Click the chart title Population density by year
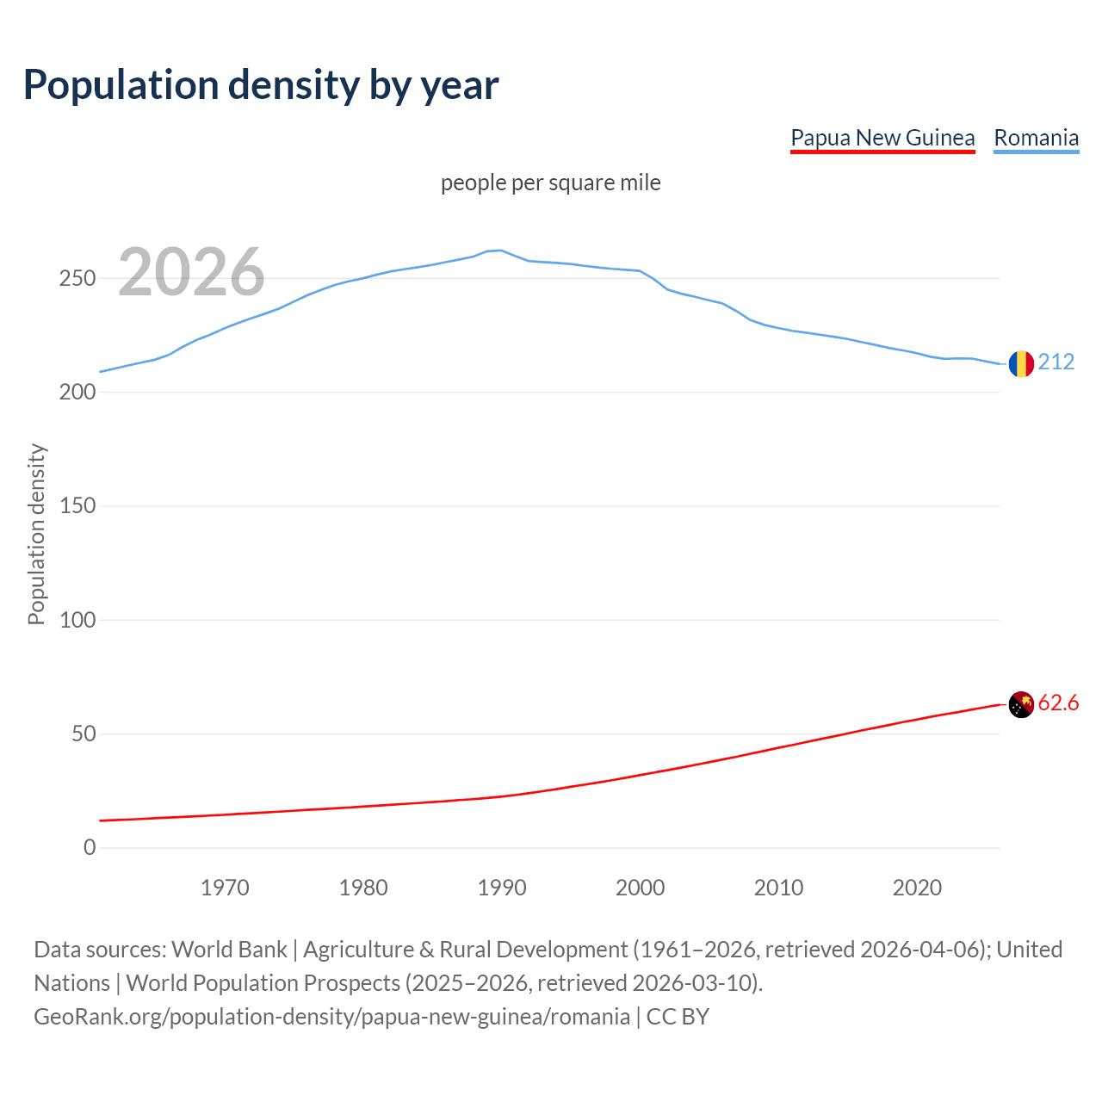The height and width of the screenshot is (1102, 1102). [x=261, y=84]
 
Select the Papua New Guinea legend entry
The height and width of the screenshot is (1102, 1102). [x=882, y=138]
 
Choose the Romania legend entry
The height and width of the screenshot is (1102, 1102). [x=1036, y=138]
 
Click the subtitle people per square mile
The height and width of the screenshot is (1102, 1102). [x=551, y=183]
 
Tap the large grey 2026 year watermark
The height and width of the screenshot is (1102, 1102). [x=191, y=272]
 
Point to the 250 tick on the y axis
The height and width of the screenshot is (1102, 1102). [x=77, y=278]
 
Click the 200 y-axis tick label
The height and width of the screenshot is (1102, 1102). [x=77, y=392]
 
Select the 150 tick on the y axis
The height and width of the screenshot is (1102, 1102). [x=77, y=506]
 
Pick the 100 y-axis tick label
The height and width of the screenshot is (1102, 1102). [x=77, y=620]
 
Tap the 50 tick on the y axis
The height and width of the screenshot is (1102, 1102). [x=83, y=734]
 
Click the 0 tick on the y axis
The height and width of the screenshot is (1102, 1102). [x=90, y=847]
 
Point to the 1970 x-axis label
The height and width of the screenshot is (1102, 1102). [x=225, y=888]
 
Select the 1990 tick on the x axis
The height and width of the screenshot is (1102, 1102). [x=502, y=888]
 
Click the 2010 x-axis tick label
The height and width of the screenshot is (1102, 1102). [x=778, y=888]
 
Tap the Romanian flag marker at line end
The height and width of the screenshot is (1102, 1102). [x=1021, y=363]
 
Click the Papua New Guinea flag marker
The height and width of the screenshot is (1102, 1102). [x=1021, y=704]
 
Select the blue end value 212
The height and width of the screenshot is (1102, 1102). [x=1056, y=362]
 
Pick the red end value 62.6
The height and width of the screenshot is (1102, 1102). [x=1058, y=703]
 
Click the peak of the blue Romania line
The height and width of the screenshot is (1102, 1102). [x=501, y=251]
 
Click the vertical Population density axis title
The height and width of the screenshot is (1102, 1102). [x=36, y=534]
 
